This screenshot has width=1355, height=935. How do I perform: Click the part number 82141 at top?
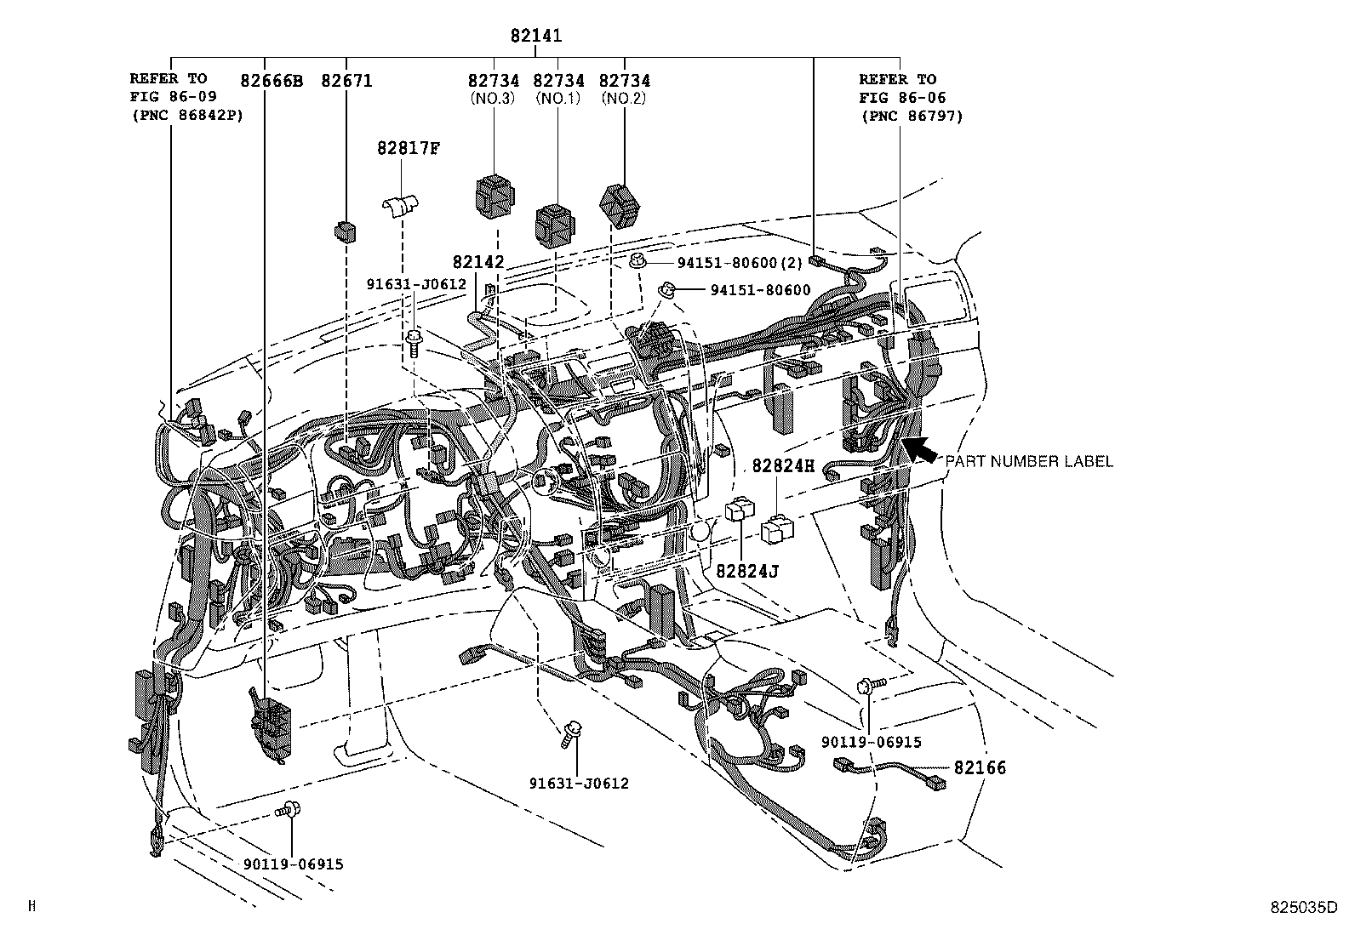(x=536, y=37)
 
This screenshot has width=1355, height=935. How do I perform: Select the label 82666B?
(x=272, y=82)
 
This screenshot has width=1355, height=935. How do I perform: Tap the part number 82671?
(x=346, y=82)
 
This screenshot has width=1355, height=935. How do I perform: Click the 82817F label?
(x=409, y=148)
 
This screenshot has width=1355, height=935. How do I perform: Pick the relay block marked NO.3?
(x=494, y=195)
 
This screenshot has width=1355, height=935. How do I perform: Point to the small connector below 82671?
(x=346, y=231)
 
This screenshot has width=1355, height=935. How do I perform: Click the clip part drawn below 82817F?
(x=400, y=207)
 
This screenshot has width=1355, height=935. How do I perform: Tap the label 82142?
(x=478, y=263)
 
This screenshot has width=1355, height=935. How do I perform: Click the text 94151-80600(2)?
(x=740, y=264)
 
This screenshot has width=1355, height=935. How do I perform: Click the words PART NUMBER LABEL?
(x=1028, y=461)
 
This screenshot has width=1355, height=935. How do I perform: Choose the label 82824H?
(x=782, y=466)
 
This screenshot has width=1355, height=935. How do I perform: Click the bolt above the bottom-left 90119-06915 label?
(x=290, y=810)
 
